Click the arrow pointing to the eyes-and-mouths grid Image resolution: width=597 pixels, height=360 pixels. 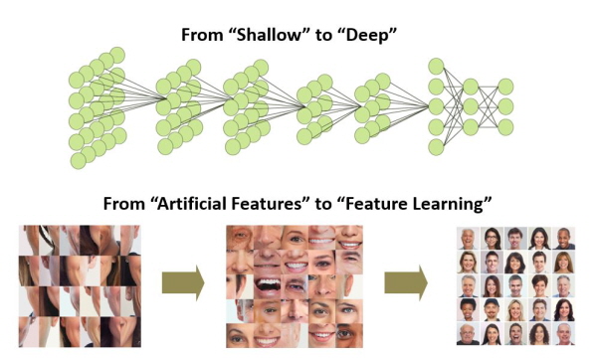(x=182, y=283)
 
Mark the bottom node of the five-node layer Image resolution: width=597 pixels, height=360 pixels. (x=436, y=146)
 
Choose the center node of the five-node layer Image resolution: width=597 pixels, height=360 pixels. (x=436, y=106)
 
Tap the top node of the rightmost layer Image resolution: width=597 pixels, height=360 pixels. (x=506, y=86)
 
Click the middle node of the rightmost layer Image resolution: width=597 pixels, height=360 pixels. (x=506, y=106)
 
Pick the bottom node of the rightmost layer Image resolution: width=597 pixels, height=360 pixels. (x=506, y=126)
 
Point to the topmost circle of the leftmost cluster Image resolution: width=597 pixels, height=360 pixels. (x=117, y=54)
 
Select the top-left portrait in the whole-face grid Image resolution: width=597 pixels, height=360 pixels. (x=466, y=239)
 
